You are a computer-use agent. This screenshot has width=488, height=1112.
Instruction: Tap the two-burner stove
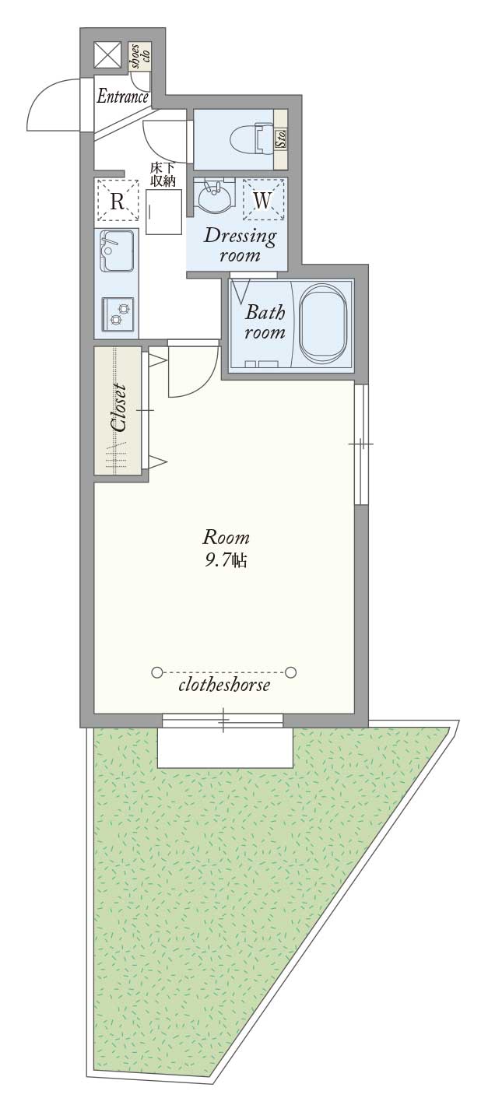(x=118, y=314)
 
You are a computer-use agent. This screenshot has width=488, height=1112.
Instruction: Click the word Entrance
(x=123, y=96)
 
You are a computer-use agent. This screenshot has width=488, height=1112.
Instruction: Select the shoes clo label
(x=140, y=57)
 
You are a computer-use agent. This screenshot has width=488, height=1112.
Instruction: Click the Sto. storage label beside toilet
(x=280, y=139)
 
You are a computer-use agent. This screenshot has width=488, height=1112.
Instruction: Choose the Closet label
(x=119, y=407)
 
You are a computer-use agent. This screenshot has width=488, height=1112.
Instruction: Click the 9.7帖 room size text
(x=226, y=561)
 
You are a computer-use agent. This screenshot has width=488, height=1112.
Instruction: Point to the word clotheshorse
(x=224, y=686)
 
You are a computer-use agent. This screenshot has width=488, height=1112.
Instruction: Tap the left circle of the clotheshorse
(x=157, y=672)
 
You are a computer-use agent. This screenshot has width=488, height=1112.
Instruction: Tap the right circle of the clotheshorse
(x=291, y=672)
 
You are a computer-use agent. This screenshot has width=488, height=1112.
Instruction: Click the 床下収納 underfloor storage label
(x=163, y=176)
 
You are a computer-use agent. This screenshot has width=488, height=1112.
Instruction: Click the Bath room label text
(x=265, y=322)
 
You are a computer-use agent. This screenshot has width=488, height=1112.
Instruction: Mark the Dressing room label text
(x=240, y=245)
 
